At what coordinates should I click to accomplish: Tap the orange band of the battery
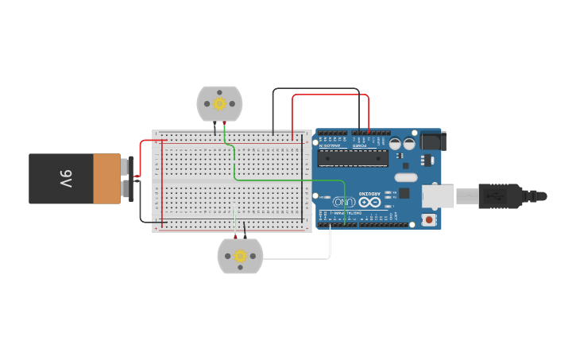click(x=106, y=179)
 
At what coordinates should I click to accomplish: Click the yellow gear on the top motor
click(x=219, y=103)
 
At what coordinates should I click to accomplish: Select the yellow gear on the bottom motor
click(x=240, y=256)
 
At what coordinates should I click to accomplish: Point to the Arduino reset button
click(x=430, y=219)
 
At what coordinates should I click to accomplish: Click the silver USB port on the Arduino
click(x=439, y=195)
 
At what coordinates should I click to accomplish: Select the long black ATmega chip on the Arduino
click(x=353, y=158)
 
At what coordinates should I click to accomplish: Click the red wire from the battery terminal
click(x=143, y=151)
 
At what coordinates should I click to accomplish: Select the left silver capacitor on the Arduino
click(x=395, y=144)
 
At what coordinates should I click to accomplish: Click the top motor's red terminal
click(x=225, y=122)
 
